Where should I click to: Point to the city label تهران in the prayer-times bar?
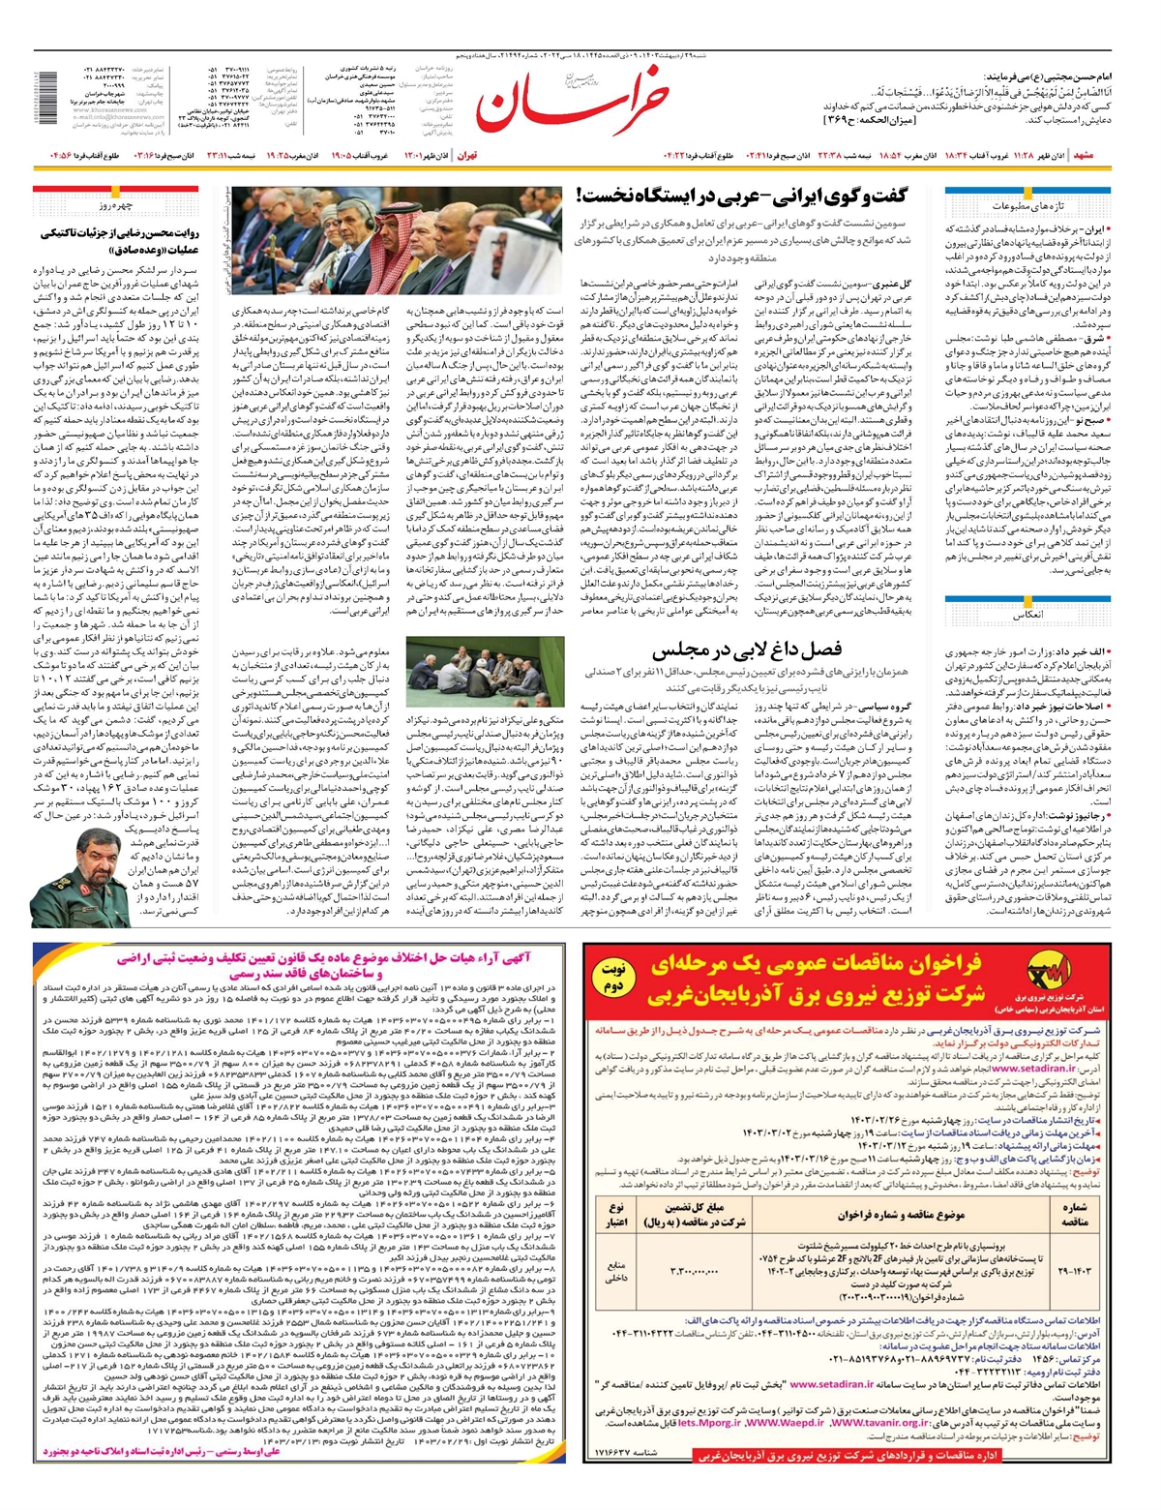[x=467, y=155]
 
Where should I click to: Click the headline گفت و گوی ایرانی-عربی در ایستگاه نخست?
[x=742, y=197]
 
